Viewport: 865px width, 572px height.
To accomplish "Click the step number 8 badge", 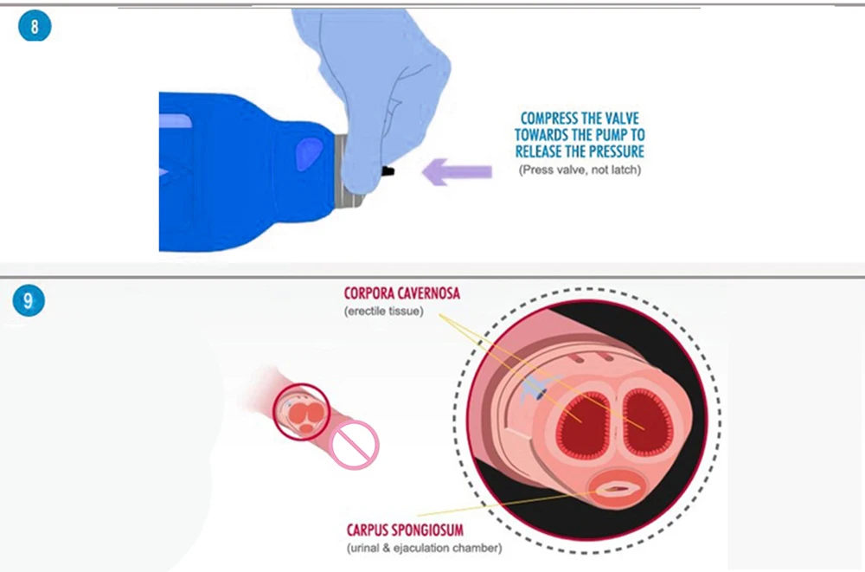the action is (35, 26).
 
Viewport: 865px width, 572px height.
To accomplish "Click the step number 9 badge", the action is (29, 301).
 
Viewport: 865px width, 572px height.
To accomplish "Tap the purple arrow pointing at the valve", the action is (456, 172).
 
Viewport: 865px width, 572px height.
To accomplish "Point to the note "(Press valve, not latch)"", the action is (580, 170).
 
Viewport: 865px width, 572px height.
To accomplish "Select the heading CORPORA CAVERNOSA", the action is (402, 294).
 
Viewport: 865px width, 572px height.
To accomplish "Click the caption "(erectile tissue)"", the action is (383, 311).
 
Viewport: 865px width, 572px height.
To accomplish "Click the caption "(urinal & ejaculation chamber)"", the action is (423, 547).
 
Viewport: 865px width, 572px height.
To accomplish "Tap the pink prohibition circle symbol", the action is (355, 443).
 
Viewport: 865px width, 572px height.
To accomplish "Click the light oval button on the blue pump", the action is (305, 155).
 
